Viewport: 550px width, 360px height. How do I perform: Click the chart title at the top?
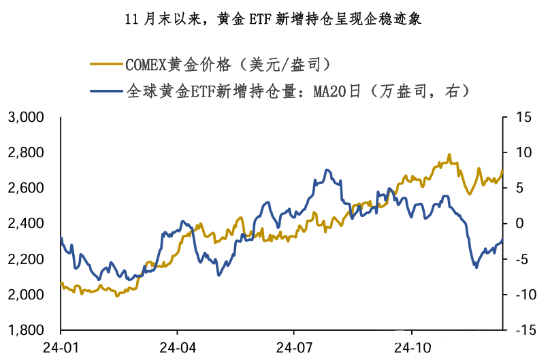(274, 19)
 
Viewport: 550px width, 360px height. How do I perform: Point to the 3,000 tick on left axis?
(27, 118)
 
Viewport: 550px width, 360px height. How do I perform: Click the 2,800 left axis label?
(27, 152)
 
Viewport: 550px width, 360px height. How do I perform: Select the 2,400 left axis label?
(27, 224)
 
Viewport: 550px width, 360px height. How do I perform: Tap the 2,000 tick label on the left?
(27, 295)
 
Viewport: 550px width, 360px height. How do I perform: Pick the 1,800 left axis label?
(27, 330)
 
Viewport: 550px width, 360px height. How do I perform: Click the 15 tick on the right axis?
(521, 118)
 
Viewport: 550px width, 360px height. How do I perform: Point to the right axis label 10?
(521, 152)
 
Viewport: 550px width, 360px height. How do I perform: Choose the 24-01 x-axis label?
(61, 346)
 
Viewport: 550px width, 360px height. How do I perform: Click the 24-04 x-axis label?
(177, 346)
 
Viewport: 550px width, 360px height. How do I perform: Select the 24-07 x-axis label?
(293, 346)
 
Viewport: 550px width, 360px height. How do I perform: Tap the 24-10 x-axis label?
(410, 346)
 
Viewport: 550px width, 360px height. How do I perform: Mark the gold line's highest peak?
(449, 154)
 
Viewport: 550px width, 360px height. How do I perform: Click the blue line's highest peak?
(327, 169)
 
